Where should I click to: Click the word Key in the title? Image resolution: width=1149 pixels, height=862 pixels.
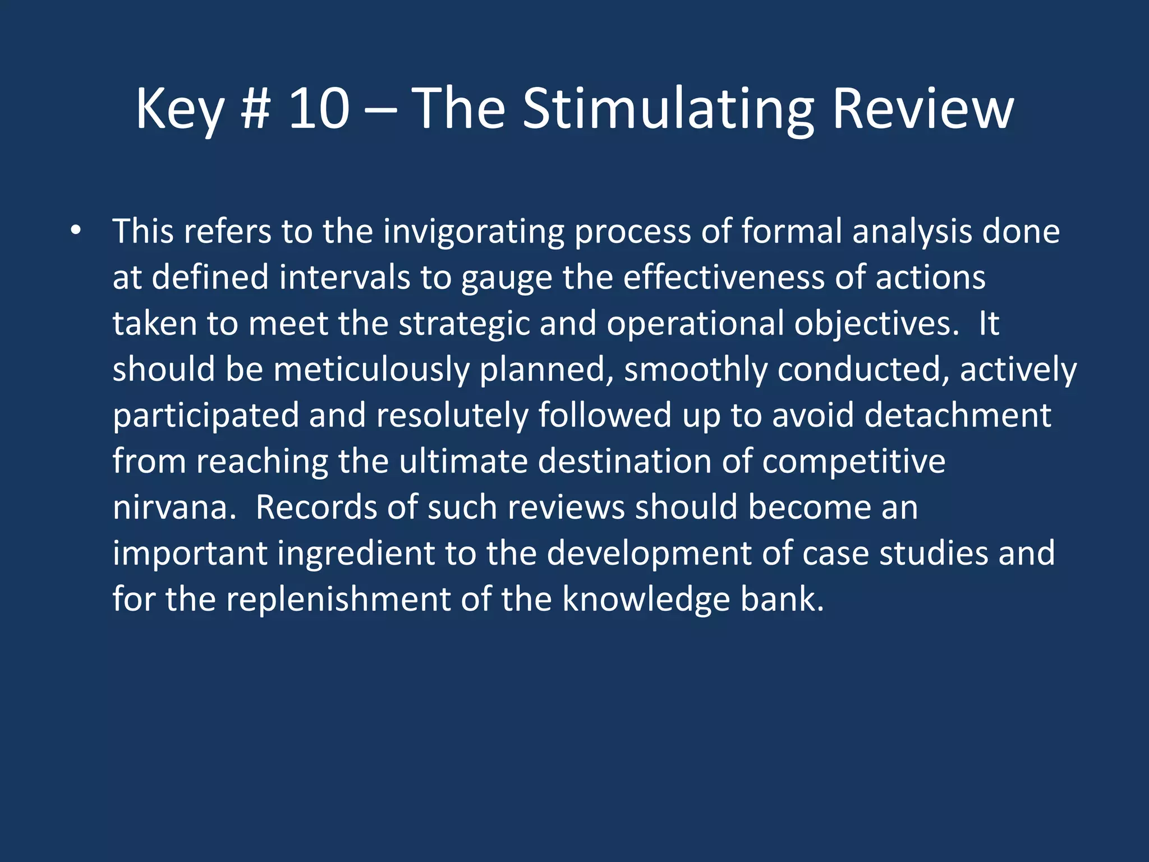(x=180, y=109)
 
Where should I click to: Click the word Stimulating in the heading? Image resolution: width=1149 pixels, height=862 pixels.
(x=667, y=109)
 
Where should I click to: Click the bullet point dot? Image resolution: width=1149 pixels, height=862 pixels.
(x=76, y=231)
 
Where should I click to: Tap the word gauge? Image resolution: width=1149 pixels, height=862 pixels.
(x=506, y=278)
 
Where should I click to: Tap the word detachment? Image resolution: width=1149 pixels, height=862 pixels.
(x=957, y=416)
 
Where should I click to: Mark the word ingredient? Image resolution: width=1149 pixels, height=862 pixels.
(x=356, y=554)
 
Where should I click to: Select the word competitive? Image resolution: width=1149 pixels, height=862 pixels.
(x=853, y=462)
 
